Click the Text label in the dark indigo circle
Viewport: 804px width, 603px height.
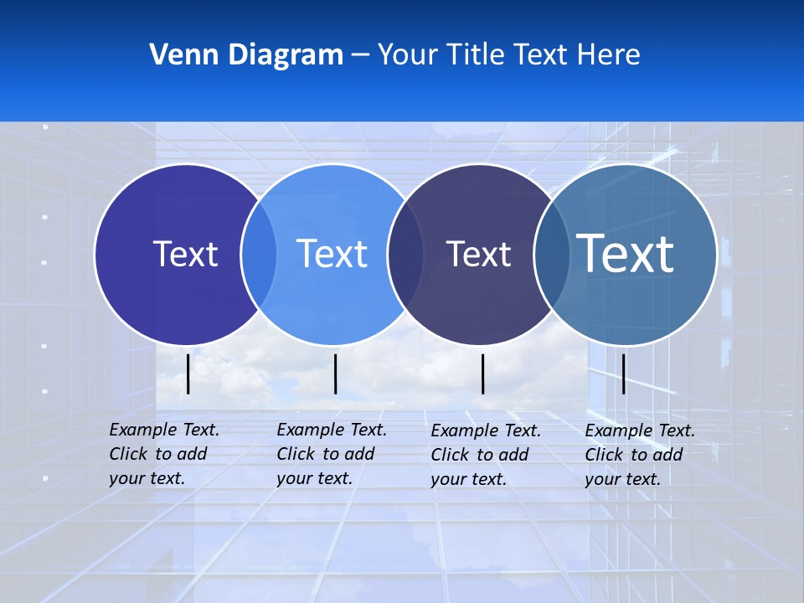[185, 254]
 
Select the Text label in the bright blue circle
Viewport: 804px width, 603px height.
[332, 254]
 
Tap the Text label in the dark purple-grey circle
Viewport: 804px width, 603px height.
[478, 254]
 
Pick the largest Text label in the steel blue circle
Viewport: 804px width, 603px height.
[626, 253]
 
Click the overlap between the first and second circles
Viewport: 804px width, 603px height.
[259, 254]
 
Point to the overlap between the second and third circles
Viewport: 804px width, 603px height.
[405, 254]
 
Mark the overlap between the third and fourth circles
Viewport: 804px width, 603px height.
[552, 254]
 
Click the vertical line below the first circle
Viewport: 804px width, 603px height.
[188, 374]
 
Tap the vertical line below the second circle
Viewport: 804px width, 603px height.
[335, 374]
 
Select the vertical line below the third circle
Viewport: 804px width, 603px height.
[483, 374]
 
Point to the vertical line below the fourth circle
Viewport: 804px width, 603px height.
[624, 374]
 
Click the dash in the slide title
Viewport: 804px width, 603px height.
[359, 55]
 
